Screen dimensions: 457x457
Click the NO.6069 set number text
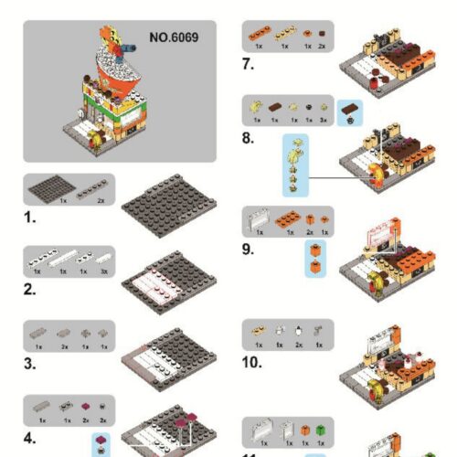[x=173, y=39]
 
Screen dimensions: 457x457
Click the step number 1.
[x=31, y=220]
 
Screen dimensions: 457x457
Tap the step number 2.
[x=31, y=291]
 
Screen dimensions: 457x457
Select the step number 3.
[x=31, y=362]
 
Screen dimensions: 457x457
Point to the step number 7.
[x=249, y=64]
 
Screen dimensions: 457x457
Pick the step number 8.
[x=249, y=140]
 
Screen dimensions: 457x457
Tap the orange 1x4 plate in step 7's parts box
[x=261, y=33]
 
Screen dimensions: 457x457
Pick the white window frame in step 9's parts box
[x=260, y=219]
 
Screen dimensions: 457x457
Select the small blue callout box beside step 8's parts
[x=350, y=112]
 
